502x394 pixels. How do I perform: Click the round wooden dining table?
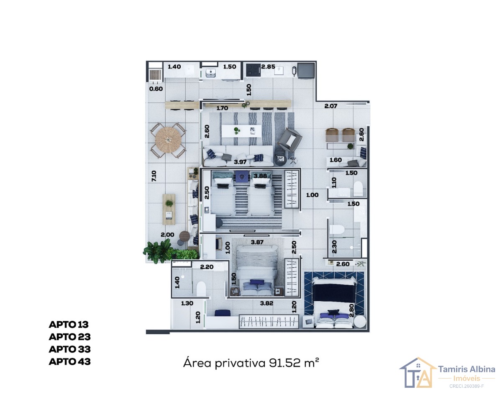click(x=168, y=140)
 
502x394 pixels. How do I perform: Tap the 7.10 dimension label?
click(x=154, y=176)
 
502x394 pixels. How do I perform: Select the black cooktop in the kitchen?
click(x=253, y=69)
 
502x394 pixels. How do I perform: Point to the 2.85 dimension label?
click(x=268, y=67)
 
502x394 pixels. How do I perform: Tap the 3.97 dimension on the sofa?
click(x=240, y=162)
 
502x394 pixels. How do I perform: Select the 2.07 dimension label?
click(x=331, y=106)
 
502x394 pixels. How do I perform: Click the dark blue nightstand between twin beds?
click(x=242, y=177)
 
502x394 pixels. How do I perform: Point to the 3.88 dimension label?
click(x=260, y=176)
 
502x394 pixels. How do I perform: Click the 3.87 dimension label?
click(x=257, y=242)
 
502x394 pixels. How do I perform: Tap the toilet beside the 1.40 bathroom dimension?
click(x=201, y=289)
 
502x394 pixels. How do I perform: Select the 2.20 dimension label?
click(x=207, y=267)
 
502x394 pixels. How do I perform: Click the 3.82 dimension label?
click(x=266, y=303)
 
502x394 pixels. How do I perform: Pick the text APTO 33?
click(x=69, y=349)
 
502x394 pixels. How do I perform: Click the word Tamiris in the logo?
click(x=452, y=369)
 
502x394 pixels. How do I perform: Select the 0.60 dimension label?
click(x=156, y=89)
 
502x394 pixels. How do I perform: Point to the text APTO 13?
click(x=69, y=325)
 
